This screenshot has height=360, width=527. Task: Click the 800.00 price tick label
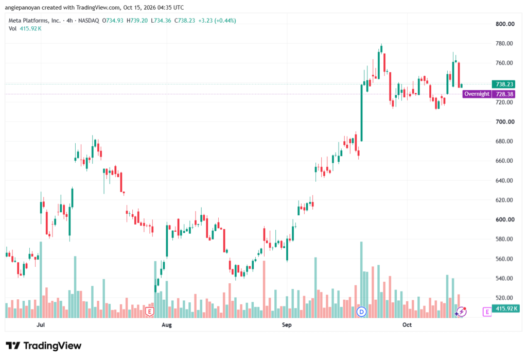point(505,24)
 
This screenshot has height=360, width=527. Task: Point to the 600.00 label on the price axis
point(505,219)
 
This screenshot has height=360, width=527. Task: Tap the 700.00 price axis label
point(505,122)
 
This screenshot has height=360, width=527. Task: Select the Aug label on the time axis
point(167,324)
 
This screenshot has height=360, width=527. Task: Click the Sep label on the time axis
point(287,324)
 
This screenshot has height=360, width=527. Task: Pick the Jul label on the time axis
point(41,324)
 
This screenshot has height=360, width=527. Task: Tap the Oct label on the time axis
point(407,324)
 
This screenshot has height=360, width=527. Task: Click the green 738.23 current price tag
point(504,84)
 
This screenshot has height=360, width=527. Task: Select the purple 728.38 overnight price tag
point(504,94)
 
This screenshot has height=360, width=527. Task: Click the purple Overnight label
point(477,94)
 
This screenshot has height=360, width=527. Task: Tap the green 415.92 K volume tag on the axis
point(506,308)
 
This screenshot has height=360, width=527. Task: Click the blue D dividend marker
point(362,312)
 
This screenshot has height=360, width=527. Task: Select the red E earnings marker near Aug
point(150,312)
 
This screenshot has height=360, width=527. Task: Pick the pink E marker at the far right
point(487,312)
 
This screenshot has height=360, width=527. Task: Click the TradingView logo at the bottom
point(44,346)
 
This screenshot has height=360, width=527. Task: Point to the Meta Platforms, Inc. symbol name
point(34,21)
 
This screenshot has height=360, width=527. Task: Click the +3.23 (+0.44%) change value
point(217,21)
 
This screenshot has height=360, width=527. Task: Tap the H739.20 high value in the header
point(137,21)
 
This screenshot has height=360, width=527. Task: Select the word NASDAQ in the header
point(89,21)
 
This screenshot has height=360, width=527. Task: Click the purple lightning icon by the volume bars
point(461,312)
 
